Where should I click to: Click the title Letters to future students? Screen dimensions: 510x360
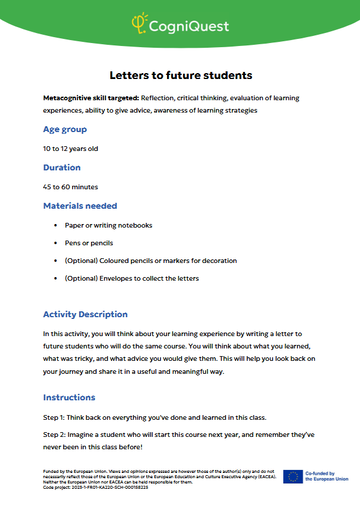coord(181,75)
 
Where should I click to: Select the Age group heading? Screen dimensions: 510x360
coord(65,130)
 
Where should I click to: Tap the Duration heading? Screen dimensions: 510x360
coord(62,167)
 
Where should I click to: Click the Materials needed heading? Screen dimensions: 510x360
coord(80,206)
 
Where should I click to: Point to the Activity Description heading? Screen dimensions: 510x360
coord(86,314)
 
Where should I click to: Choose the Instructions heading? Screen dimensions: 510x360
coord(69,397)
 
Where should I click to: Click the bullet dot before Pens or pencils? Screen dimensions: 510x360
coord(56,243)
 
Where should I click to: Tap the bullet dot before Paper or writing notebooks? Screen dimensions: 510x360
coord(56,225)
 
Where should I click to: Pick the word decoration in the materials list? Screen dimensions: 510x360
coord(218,261)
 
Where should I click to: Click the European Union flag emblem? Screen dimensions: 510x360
coord(293,476)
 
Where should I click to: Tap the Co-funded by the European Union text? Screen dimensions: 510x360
coord(326,476)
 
